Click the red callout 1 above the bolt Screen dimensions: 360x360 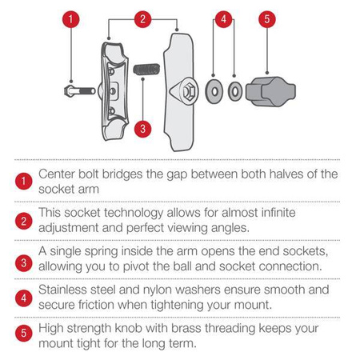[70, 19]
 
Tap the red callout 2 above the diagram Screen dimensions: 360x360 [142, 19]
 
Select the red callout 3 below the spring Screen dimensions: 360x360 [142, 129]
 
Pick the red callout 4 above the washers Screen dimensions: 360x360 [223, 19]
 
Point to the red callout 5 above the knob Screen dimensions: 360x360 [267, 19]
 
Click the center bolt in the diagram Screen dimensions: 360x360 [80, 91]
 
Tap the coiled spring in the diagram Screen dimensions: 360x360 [146, 70]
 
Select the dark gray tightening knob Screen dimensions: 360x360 [270, 92]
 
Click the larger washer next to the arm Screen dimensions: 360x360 [214, 91]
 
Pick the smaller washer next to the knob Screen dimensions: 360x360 [235, 91]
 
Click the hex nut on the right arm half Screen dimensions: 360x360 [188, 91]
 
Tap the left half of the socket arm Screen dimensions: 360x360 [114, 91]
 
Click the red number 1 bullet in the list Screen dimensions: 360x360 [23, 182]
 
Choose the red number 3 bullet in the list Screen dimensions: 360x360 [23, 263]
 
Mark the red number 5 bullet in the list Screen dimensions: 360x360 [23, 333]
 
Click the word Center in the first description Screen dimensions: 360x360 [57, 174]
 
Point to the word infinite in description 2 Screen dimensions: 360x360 [278, 213]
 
